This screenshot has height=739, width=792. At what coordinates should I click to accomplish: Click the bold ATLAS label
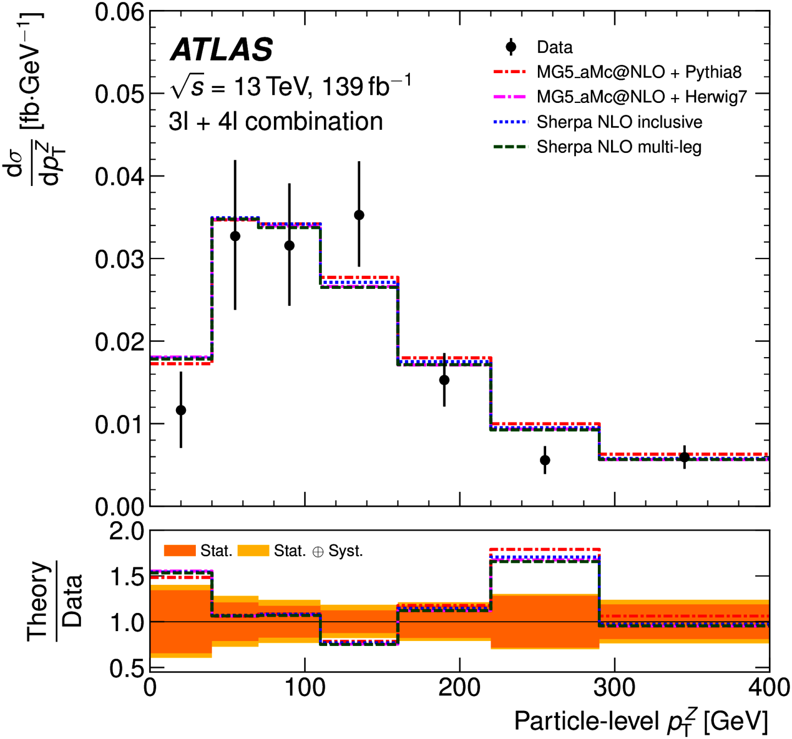coord(222,50)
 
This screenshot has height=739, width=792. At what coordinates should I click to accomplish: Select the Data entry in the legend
coord(554,47)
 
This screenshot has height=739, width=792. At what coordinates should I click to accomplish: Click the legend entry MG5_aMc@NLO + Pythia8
coord(639,72)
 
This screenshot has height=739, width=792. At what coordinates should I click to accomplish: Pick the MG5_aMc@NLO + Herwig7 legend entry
coord(641,97)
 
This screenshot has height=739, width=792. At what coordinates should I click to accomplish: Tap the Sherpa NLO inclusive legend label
coord(619,122)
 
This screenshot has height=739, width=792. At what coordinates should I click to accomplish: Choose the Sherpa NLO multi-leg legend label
coord(619,147)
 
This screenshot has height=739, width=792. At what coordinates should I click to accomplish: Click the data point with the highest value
coord(359,215)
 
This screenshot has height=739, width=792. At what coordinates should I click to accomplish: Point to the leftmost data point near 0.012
coord(181,410)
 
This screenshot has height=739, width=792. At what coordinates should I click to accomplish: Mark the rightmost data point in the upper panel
coord(684,457)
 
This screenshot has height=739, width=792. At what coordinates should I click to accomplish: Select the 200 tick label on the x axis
coord(459,688)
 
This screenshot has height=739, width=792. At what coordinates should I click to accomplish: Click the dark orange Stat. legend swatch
coord(180,551)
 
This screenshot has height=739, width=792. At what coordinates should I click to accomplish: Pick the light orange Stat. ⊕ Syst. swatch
coord(253,551)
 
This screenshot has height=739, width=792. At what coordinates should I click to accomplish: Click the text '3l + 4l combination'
coord(276,122)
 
